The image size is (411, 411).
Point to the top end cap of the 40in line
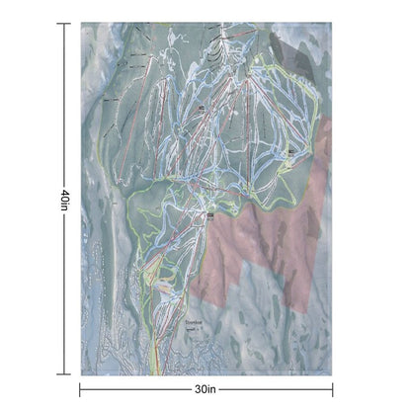(x=68, y=24)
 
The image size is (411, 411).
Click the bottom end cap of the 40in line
(x=68, y=374)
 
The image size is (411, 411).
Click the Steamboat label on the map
(x=194, y=322)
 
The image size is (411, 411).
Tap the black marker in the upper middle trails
(x=202, y=107)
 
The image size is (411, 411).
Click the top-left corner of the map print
(x=81, y=24)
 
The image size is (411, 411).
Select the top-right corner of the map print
(x=332, y=24)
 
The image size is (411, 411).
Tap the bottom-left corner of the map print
(x=81, y=374)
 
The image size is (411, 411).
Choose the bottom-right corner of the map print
(x=332, y=374)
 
